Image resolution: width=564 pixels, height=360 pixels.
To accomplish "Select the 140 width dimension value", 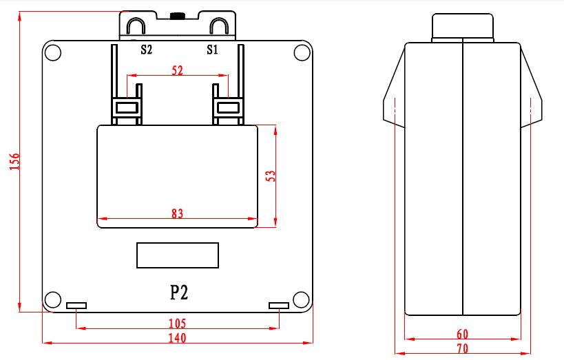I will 178,337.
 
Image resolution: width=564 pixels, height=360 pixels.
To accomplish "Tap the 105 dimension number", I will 177,323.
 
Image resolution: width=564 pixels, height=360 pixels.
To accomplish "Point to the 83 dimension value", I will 177,214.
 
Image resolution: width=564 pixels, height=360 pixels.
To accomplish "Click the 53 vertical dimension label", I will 270,176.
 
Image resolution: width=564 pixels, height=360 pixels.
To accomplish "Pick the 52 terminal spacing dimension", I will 177,70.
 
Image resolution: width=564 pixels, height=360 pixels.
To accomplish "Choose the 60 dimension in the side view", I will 462,334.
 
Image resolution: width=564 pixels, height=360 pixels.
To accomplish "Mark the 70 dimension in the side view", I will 462,348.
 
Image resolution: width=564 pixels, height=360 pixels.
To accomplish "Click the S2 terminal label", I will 146,50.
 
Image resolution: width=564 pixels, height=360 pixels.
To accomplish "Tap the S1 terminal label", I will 212,50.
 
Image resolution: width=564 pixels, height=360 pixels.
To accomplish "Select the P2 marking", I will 179,293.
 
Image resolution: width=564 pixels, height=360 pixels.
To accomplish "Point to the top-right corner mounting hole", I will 301,53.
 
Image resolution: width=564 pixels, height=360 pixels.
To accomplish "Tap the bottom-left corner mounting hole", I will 52,299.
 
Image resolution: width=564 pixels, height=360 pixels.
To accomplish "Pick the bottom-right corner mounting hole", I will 301,299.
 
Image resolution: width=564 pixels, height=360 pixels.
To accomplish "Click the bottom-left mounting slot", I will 76,305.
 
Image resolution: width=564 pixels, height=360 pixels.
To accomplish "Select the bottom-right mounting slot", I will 278,305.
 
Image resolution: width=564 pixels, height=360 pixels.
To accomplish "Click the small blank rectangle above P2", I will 178,255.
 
